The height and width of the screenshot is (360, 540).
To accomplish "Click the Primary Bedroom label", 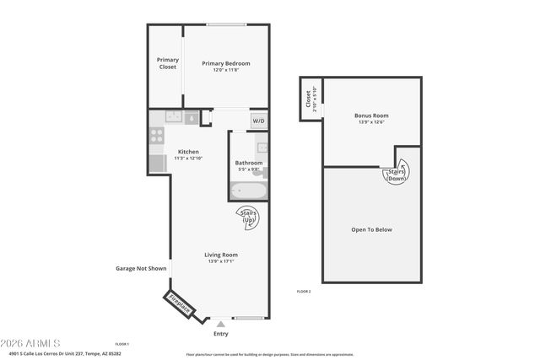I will [225, 63].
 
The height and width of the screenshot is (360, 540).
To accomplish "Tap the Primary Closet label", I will [168, 63].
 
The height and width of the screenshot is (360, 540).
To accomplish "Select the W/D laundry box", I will [258, 121].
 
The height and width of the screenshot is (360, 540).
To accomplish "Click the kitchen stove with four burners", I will [157, 132].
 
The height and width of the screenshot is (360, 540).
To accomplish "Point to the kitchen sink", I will [174, 117].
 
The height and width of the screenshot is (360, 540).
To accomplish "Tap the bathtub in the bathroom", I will [249, 191].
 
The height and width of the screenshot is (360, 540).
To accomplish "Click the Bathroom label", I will [248, 163].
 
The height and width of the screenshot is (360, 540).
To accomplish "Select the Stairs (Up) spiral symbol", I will [251, 218].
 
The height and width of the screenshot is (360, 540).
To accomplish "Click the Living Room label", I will [220, 255].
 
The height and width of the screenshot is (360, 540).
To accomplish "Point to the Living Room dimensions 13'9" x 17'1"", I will [220, 261].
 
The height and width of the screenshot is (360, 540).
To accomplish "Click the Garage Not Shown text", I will [139, 269].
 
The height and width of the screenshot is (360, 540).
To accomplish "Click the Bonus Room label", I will [371, 116].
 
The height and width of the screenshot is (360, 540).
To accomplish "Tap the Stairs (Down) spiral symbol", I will [396, 173].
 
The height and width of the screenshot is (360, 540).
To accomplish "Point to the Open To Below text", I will [371, 229].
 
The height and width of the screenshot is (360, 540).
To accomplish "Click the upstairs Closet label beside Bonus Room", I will [307, 100].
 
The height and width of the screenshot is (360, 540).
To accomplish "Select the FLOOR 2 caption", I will [304, 291].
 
